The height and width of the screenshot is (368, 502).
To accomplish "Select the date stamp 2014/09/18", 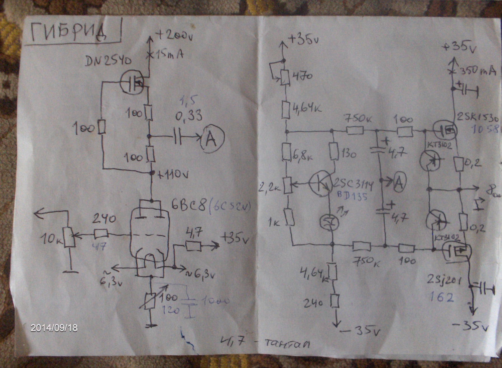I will tap(54, 328).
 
